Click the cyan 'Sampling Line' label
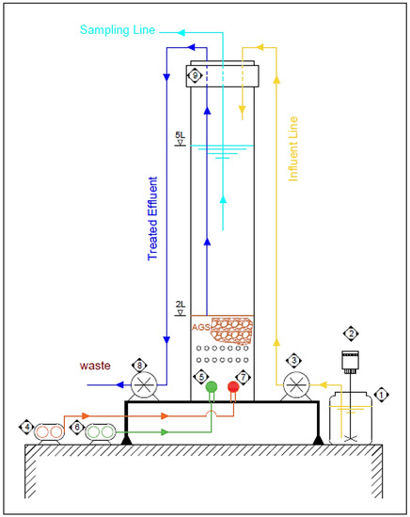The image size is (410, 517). tap(118, 30)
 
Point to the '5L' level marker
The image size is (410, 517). tap(180, 137)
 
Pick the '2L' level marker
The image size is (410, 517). tap(180, 305)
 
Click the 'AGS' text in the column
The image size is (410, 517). tap(199, 327)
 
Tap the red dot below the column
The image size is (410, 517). tap(234, 386)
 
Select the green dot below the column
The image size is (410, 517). tap(212, 386)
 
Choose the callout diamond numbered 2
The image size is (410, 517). tap(351, 333)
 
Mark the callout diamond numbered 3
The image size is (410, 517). tap(294, 360)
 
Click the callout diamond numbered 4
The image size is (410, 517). tap(27, 428)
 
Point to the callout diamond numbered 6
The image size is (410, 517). tap(77, 428)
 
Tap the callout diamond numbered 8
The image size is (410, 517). tap(139, 364)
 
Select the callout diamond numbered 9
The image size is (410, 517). tap(196, 74)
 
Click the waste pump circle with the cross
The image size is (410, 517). tap(145, 384)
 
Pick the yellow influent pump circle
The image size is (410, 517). tap(297, 384)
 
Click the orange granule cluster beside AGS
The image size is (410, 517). tap(231, 330)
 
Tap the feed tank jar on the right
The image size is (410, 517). tap(351, 418)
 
